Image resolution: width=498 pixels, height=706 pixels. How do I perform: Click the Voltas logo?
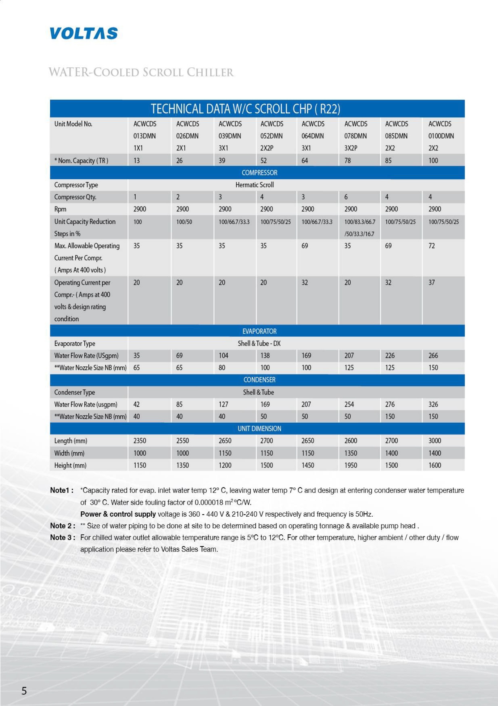point(84,33)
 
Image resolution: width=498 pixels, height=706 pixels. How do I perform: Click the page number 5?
point(24,690)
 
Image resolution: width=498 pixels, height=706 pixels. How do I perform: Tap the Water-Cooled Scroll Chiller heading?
point(141,72)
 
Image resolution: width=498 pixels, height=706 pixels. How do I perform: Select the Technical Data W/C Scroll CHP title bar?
point(257,109)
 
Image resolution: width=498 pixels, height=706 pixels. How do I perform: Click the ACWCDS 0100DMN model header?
point(441,136)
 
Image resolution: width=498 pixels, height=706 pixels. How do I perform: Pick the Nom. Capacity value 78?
point(348,160)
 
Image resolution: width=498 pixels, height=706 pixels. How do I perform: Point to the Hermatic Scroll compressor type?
point(255,185)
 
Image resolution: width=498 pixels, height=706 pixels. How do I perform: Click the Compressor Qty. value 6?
point(346,197)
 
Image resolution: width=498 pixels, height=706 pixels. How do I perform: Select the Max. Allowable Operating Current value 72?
point(432,246)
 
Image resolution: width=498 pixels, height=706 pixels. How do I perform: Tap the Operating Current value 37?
point(432,282)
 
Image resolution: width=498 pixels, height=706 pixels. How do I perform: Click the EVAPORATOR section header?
point(259,331)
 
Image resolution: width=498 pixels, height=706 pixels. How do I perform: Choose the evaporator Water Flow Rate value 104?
point(223,356)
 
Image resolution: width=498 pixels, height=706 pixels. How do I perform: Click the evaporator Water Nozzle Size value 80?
point(222,368)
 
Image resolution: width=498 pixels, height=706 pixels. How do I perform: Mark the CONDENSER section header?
point(259,380)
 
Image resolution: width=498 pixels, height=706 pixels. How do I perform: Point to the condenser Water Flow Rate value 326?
point(433,404)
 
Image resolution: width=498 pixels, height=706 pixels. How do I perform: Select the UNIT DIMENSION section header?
point(259,429)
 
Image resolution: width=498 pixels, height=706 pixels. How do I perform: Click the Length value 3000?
point(435,441)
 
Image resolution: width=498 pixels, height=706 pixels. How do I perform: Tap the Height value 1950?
point(351,465)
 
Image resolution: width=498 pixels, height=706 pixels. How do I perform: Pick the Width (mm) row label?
point(69,453)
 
